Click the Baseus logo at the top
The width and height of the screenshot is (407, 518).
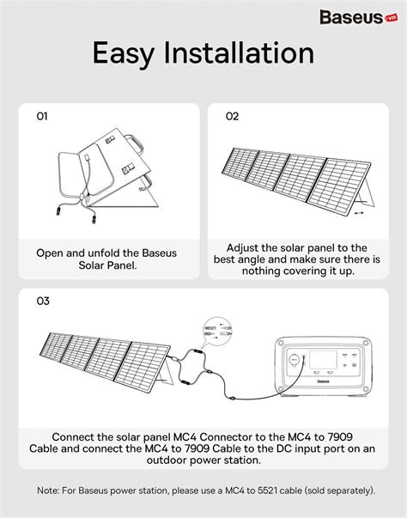click(358, 17)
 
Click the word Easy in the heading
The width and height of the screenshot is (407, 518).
click(124, 53)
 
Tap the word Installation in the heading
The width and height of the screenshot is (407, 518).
click(239, 52)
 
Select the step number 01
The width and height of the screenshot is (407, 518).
click(42, 116)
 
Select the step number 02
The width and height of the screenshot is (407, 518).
click(232, 116)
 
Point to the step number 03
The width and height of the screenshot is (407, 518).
click(43, 301)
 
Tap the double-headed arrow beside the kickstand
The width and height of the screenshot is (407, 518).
click(358, 213)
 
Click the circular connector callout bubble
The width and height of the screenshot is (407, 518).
click(217, 331)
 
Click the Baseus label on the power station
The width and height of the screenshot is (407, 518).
click(323, 381)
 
